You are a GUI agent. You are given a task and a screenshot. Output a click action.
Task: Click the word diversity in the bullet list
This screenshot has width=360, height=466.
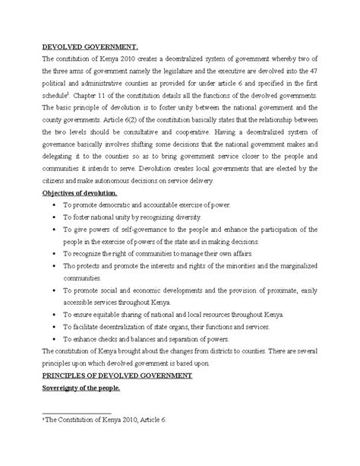179,216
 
